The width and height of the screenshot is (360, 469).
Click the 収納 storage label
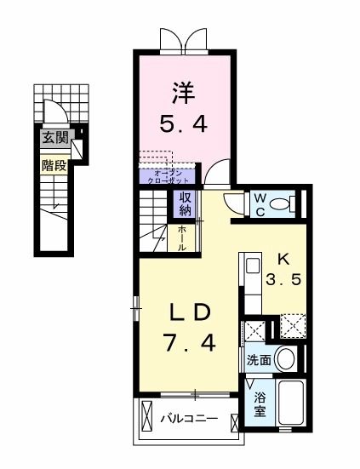[x=185, y=204]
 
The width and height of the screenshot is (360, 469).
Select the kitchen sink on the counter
[x=253, y=265]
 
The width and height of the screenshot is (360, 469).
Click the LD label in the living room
[x=190, y=312]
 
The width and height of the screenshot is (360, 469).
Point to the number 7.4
[x=189, y=344]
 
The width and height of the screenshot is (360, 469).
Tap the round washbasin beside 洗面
[x=287, y=358]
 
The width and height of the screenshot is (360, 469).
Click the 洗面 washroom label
[x=260, y=360]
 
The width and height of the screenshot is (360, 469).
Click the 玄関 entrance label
[x=54, y=136]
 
